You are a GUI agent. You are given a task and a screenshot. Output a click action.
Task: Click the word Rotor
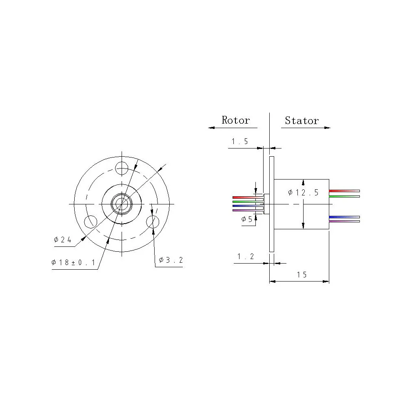235,120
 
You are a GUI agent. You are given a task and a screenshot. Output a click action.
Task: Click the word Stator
302,120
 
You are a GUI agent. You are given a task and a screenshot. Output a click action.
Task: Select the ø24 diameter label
63,240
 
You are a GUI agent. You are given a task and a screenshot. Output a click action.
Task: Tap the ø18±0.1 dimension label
73,263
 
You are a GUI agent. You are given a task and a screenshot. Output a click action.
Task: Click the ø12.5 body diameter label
303,192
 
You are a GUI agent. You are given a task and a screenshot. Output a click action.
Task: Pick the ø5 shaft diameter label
247,219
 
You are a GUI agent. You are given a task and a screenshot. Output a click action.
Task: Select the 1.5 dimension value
240,142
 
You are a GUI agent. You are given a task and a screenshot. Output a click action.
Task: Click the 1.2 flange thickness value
246,256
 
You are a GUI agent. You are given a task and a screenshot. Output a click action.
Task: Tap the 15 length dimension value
302,275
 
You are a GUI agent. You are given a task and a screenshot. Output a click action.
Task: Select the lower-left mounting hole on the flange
90,222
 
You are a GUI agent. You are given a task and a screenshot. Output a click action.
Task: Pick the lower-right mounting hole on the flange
153,222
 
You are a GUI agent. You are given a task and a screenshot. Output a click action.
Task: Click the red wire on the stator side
344,191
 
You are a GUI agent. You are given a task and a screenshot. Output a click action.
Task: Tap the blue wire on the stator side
344,217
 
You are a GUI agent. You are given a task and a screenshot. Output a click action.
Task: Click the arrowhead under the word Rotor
211,128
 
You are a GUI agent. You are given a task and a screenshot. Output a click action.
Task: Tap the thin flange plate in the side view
271,204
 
